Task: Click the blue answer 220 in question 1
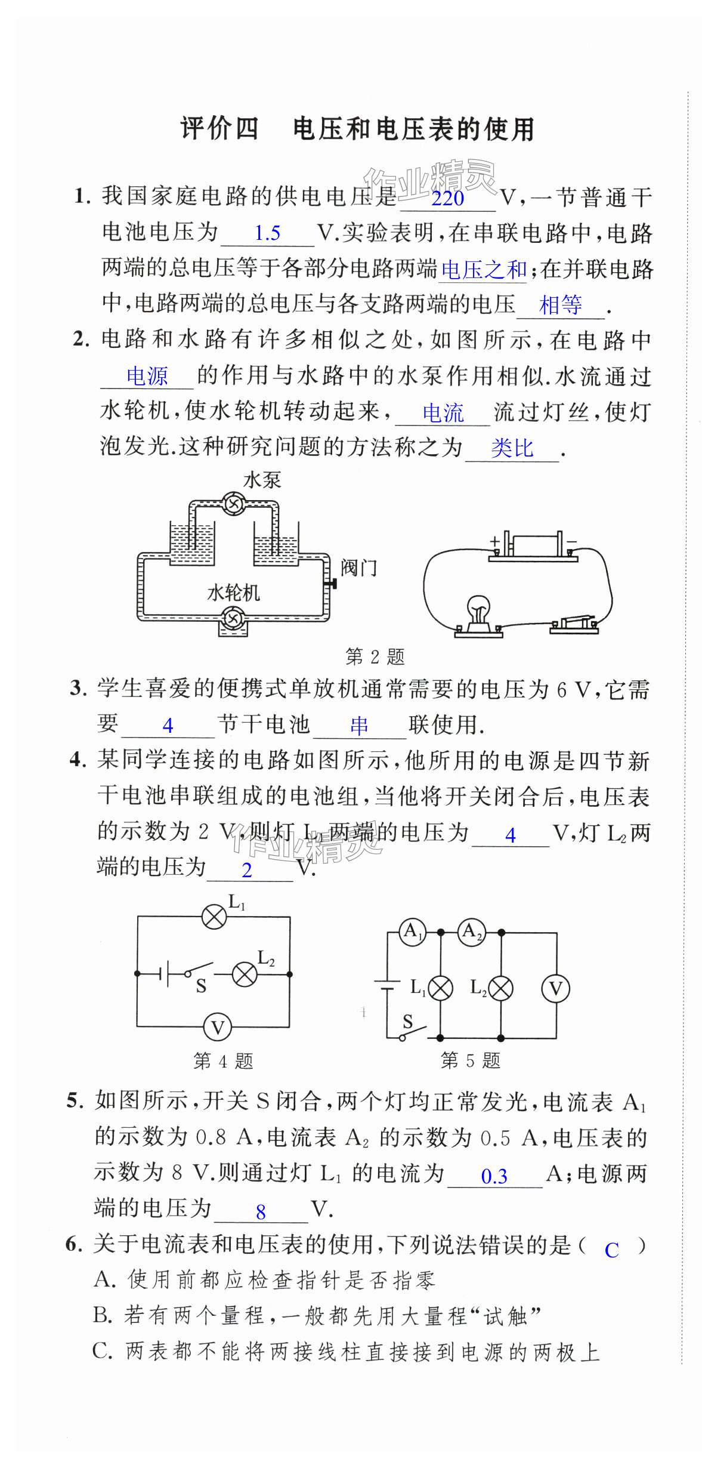click(x=447, y=198)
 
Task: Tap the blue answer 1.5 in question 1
click(x=267, y=233)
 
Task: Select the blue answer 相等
click(x=560, y=306)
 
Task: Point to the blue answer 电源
click(x=147, y=377)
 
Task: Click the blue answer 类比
click(x=512, y=448)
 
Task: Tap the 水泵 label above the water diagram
click(x=262, y=480)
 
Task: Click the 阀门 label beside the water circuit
click(x=359, y=568)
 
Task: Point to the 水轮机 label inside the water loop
click(x=233, y=593)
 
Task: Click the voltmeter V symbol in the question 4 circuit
click(x=217, y=1028)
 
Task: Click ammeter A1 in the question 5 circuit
click(x=412, y=932)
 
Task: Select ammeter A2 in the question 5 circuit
click(x=471, y=932)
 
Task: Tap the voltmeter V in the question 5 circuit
click(x=555, y=989)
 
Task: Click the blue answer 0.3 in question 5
click(x=494, y=1176)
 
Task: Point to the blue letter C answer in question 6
click(x=611, y=1250)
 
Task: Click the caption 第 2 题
click(x=375, y=657)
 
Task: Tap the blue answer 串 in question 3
click(x=359, y=725)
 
